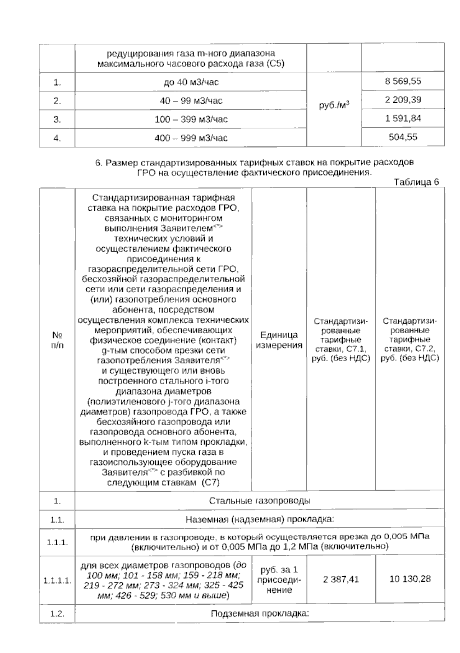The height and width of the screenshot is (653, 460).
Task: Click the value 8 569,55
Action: pos(403,81)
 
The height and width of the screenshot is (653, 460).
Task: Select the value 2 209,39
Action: pos(403,100)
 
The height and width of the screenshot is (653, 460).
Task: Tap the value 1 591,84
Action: pos(403,118)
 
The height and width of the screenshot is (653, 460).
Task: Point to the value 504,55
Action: pos(403,137)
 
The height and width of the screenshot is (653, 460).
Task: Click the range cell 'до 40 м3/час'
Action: pos(191,82)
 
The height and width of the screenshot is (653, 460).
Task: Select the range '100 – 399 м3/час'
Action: pos(191,120)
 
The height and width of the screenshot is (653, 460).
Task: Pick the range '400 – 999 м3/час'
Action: pos(191,138)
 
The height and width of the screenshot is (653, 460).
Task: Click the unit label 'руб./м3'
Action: pos(334,105)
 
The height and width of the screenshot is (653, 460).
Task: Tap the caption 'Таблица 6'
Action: pos(416,182)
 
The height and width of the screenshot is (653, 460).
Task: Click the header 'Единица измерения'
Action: pos(279,340)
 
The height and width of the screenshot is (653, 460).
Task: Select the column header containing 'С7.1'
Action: pos(340,339)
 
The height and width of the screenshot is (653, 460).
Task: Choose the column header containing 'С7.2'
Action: pos(410,339)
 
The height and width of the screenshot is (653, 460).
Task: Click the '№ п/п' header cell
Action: pos(57,340)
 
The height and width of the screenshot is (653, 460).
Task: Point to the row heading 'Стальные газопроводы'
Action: pos(260,501)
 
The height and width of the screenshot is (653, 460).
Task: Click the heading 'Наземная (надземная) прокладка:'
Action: pos(260,520)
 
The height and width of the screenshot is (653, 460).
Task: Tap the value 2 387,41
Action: pos(341,579)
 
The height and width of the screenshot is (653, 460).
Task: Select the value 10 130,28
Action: pos(410,579)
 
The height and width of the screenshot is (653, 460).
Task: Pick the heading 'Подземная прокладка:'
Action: pos(260,614)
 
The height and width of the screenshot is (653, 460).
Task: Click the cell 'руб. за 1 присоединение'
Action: pos(279,580)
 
